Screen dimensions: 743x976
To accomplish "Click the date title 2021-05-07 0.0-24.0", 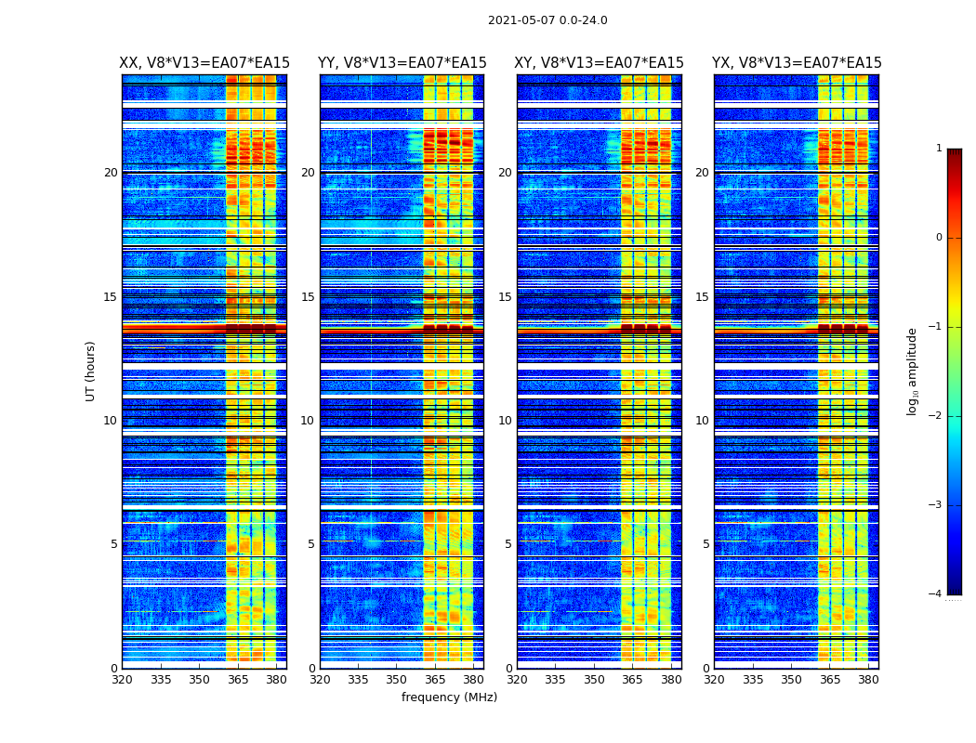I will [547, 20].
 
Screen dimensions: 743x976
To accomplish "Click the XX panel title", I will [204, 63].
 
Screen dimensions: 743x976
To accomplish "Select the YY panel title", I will [402, 63].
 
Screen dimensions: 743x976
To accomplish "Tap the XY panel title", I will [600, 63].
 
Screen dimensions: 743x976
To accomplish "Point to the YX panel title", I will [797, 63].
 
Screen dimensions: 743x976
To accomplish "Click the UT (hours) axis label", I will [91, 371].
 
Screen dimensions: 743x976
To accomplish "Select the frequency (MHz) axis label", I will [449, 697].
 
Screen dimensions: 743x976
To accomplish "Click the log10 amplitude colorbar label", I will [913, 371].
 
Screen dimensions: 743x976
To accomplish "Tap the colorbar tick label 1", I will [939, 149].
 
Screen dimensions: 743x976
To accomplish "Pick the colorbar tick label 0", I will [939, 238].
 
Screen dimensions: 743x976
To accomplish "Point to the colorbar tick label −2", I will [937, 416].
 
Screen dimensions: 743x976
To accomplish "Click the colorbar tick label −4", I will [937, 594].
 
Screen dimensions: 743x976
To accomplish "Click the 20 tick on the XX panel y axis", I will [111, 173].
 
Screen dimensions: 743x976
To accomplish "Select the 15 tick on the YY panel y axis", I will [308, 297].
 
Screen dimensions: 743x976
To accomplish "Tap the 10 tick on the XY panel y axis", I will [505, 421].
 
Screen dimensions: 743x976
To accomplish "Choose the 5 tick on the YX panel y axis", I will [706, 544].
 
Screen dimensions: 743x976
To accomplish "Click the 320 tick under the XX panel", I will [122, 680].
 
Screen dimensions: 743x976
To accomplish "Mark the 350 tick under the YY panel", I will [396, 680].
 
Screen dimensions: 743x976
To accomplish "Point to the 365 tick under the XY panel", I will [632, 680].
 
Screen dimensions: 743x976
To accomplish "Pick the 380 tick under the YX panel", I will [868, 680].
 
